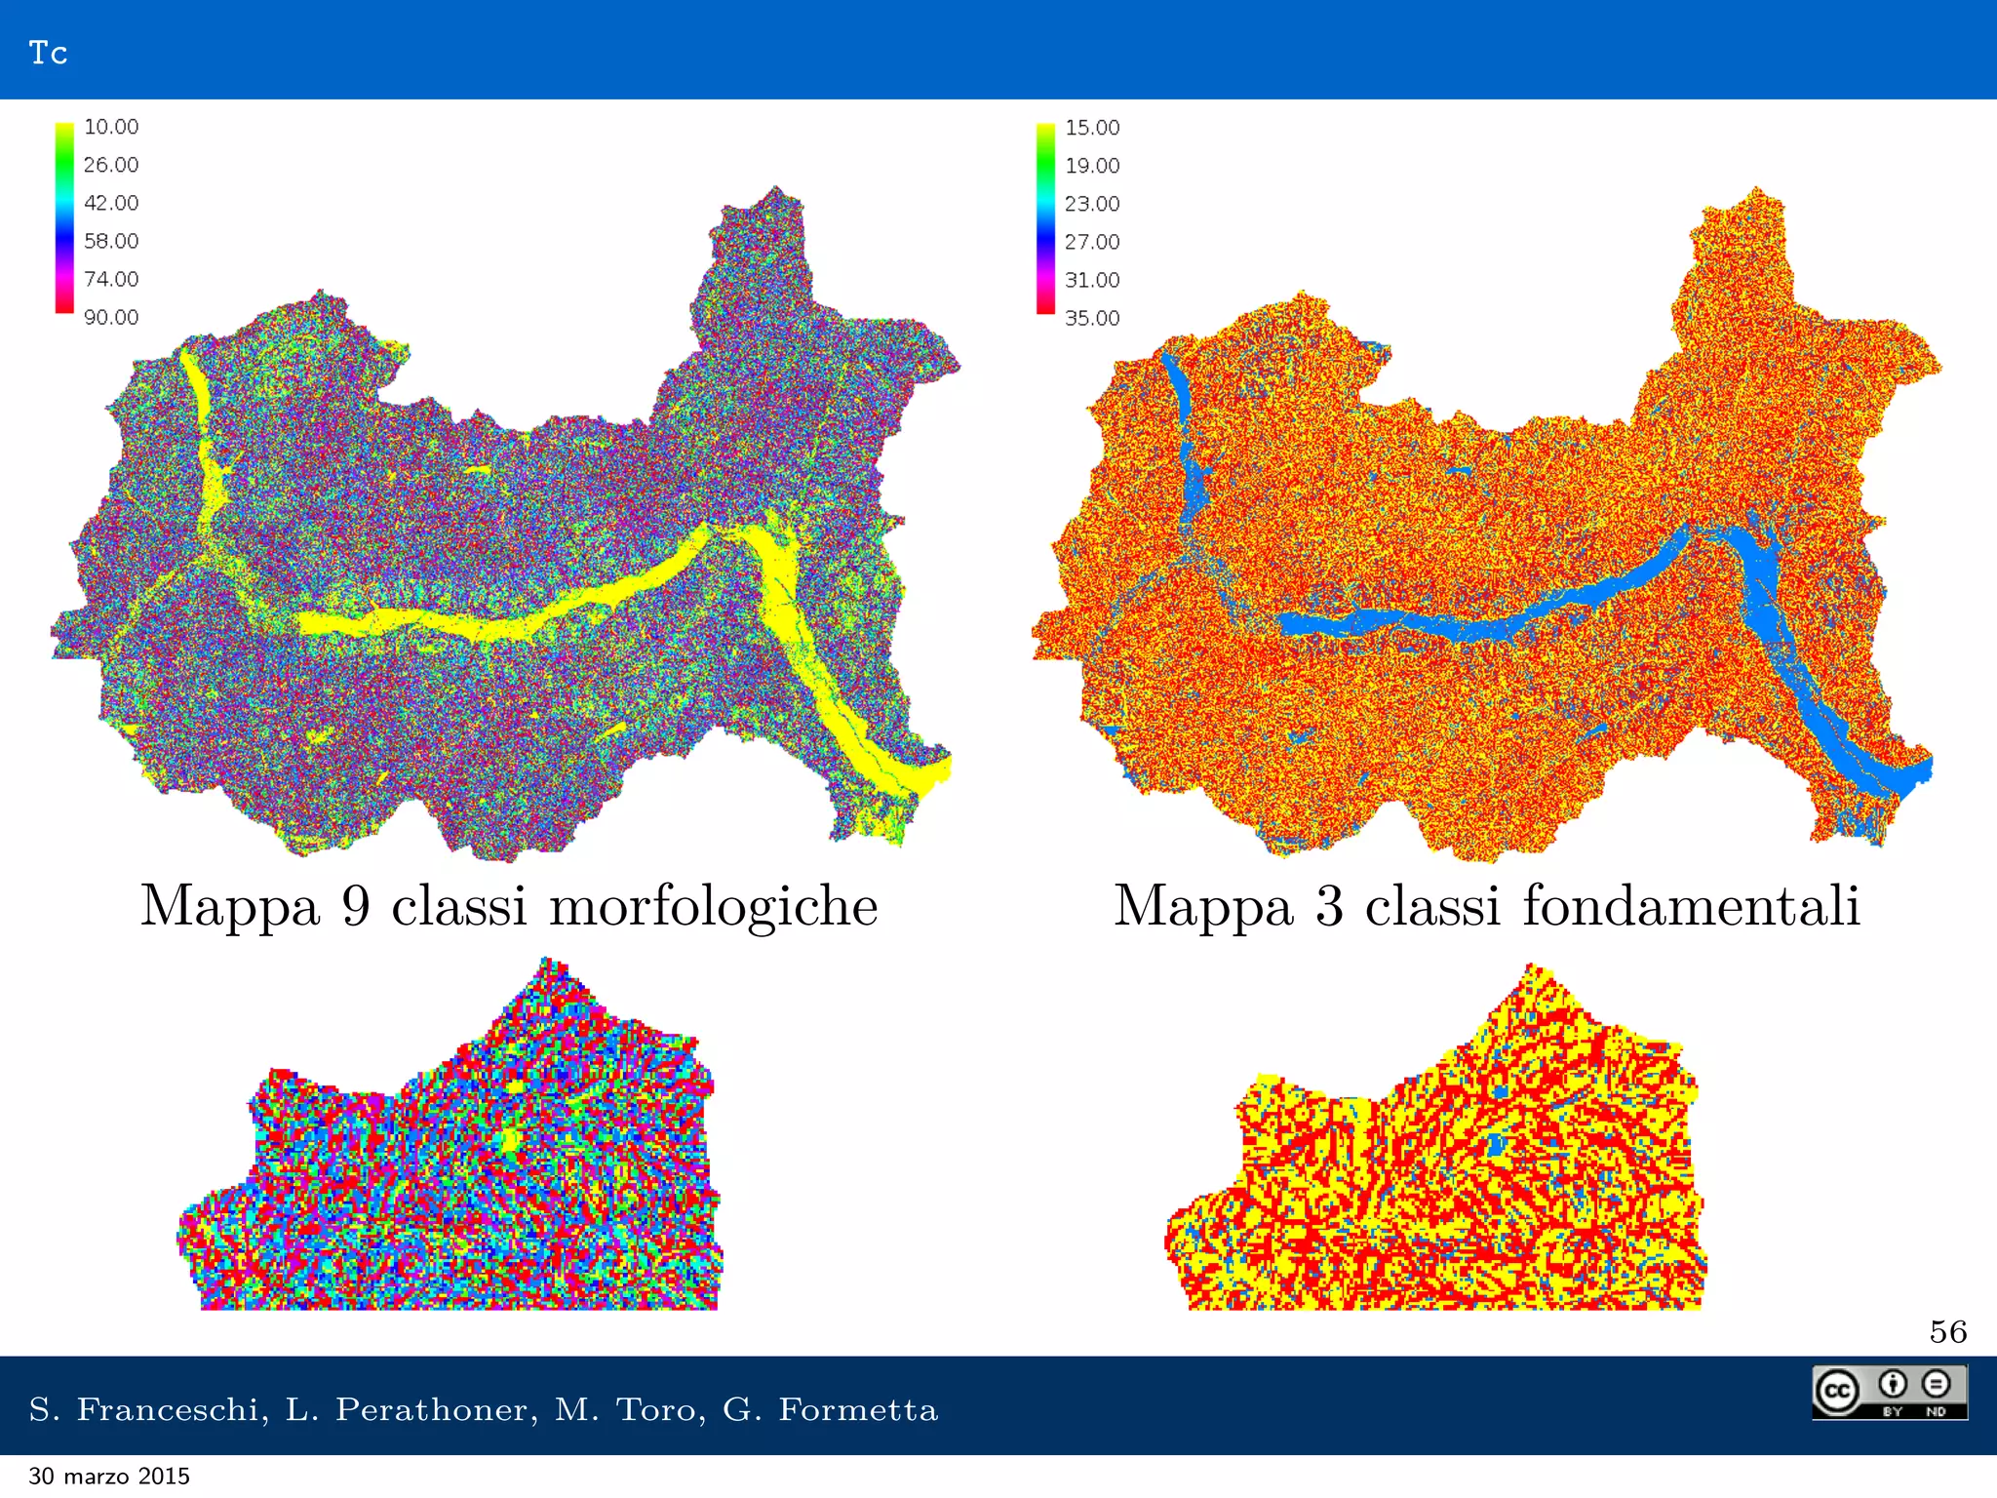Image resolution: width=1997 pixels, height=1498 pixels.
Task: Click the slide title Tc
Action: coord(48,53)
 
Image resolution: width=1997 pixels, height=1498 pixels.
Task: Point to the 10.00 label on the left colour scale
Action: coord(111,127)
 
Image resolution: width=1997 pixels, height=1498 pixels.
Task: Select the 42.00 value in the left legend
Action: coord(111,203)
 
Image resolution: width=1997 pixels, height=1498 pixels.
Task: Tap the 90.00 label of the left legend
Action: coord(111,317)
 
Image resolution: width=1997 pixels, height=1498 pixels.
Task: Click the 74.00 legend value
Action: coord(111,279)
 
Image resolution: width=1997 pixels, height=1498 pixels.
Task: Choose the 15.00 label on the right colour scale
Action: coord(1092,128)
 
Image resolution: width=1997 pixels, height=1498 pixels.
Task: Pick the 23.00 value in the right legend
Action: coord(1092,204)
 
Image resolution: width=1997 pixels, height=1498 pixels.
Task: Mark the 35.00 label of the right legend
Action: coord(1092,318)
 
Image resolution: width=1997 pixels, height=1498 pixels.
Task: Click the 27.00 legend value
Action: coord(1092,242)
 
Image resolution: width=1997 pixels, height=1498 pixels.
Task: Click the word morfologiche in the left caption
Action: coord(713,907)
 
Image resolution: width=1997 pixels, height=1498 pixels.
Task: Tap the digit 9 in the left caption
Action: coord(356,905)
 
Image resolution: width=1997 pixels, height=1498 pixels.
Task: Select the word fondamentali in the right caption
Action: coord(1691,905)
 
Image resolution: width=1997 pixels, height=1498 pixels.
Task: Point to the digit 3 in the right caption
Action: coord(1329,905)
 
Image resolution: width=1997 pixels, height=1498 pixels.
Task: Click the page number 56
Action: coord(1947,1332)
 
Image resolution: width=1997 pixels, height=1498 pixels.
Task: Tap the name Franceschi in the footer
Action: coord(168,1409)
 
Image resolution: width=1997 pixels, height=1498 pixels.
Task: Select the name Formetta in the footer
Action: coord(857,1409)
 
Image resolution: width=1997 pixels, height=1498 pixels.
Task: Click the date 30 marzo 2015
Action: coord(109,1477)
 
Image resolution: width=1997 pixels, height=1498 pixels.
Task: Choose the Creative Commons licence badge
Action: coord(1889,1392)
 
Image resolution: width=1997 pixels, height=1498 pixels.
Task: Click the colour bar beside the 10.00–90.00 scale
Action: coord(64,217)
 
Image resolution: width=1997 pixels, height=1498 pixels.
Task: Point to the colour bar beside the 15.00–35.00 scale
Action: coord(1045,218)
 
